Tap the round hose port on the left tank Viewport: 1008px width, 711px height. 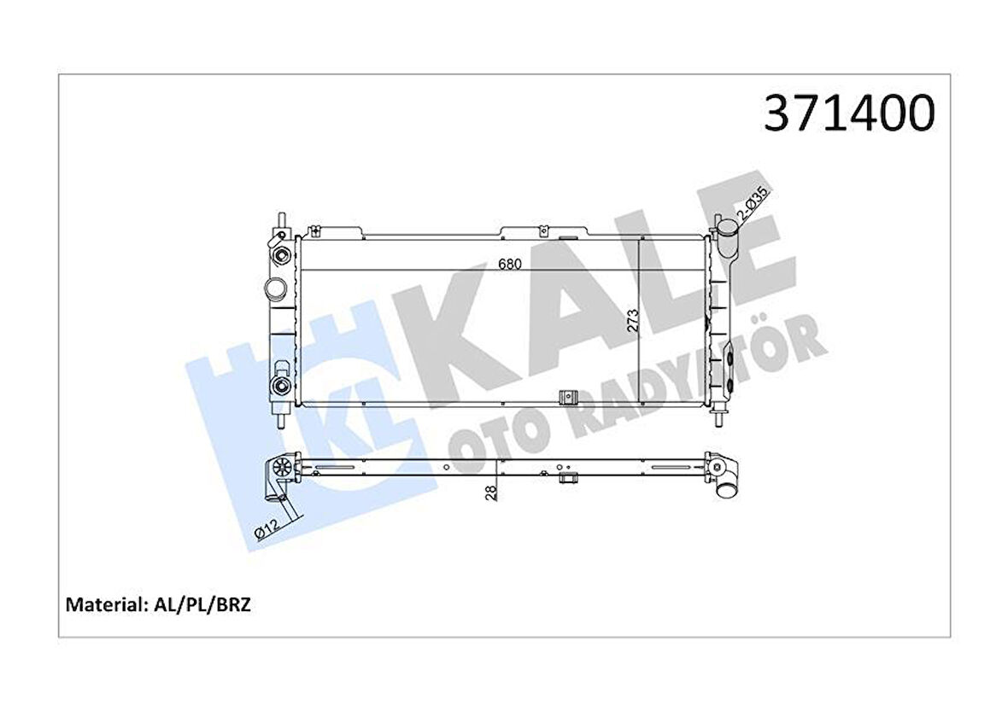[275, 288]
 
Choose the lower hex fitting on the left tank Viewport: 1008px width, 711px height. [279, 388]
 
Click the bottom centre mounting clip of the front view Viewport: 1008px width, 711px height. [566, 399]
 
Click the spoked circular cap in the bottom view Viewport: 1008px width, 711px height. [279, 469]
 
